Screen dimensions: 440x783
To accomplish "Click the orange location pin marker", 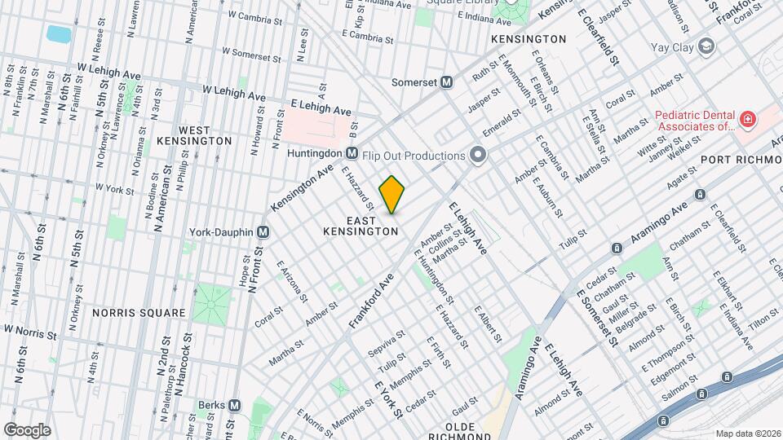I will (392, 195).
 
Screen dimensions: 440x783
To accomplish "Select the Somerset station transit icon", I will (447, 82).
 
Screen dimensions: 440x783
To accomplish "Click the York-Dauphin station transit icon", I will (263, 231).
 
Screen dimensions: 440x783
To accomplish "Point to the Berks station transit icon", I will (235, 405).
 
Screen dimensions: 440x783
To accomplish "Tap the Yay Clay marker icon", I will (706, 47).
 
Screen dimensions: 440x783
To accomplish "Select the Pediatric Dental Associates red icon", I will (746, 121).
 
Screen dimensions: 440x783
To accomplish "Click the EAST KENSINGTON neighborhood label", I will (361, 227).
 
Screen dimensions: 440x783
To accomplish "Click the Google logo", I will (27, 429).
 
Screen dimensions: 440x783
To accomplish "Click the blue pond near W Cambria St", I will (59, 34).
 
